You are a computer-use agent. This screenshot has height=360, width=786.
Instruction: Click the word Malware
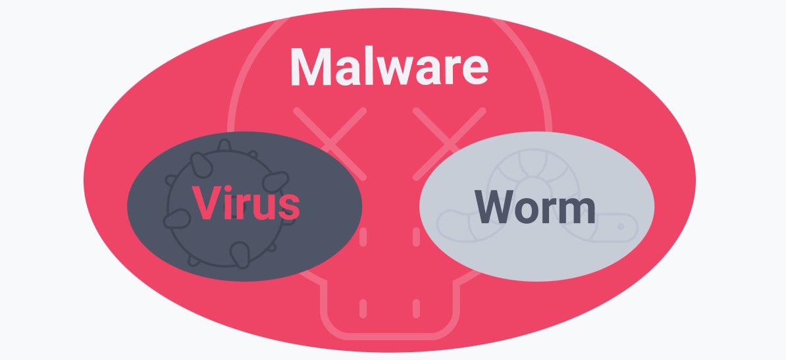coord(388,66)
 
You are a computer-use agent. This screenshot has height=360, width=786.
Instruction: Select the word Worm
coord(536,207)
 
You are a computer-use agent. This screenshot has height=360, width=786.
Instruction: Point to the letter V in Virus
coord(205,203)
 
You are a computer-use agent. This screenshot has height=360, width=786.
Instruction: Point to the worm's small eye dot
coord(620,226)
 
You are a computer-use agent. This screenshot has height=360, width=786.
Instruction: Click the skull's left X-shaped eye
coord(330,141)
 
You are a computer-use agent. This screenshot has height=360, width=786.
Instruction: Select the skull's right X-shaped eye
coord(449,141)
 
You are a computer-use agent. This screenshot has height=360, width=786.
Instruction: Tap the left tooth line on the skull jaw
coord(363,307)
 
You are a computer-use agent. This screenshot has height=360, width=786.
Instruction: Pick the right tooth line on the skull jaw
coord(416,307)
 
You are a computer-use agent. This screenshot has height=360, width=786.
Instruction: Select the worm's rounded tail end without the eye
coord(449,222)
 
